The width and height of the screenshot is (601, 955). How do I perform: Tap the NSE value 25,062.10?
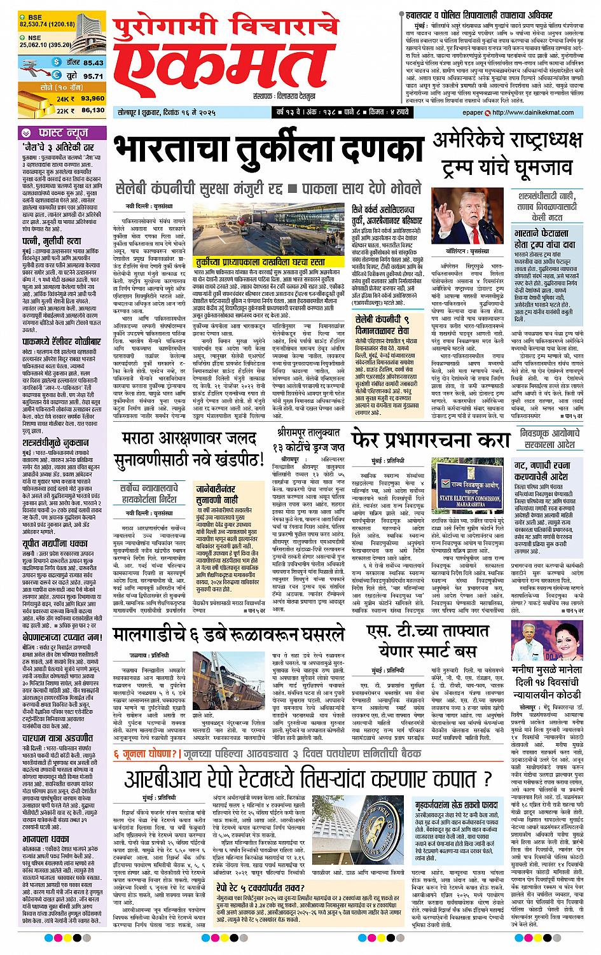pyautogui.click(x=39, y=45)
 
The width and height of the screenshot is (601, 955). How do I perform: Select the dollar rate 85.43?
pyautogui.click(x=92, y=63)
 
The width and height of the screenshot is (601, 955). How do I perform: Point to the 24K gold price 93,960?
pyautogui.click(x=93, y=99)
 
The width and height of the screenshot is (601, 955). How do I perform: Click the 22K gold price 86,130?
pyautogui.click(x=93, y=110)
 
